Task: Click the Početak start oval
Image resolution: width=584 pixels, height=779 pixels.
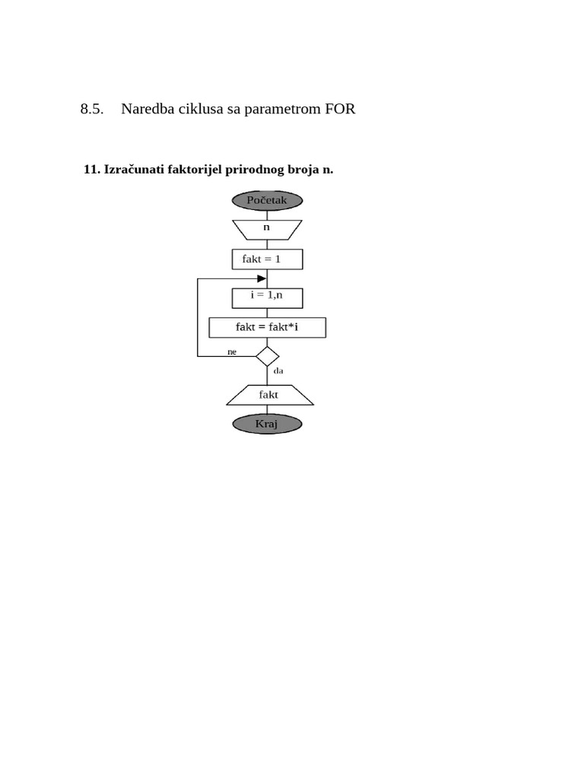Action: click(267, 200)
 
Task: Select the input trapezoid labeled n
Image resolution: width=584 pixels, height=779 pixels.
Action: click(267, 227)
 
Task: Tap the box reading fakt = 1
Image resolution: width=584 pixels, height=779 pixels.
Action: click(267, 259)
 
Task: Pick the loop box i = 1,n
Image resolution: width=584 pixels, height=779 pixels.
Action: click(267, 295)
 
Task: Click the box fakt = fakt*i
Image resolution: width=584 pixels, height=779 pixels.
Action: click(267, 328)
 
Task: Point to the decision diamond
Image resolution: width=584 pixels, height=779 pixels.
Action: click(267, 356)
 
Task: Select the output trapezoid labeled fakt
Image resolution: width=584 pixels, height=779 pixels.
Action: click(269, 395)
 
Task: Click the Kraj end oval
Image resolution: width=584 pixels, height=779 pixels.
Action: click(267, 424)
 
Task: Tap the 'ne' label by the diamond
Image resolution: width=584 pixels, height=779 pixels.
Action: click(232, 351)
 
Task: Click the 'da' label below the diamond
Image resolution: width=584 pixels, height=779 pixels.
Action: click(278, 371)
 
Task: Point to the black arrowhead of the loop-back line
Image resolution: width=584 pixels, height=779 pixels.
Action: click(262, 278)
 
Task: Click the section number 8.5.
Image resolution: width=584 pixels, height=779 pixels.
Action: click(91, 109)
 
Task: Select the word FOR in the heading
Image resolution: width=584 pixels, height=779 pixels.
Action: click(340, 109)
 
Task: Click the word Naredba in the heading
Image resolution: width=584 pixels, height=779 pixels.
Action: click(147, 109)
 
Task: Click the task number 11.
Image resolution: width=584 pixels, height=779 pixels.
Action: click(91, 169)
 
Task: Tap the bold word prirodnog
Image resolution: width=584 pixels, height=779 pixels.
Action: click(255, 169)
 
